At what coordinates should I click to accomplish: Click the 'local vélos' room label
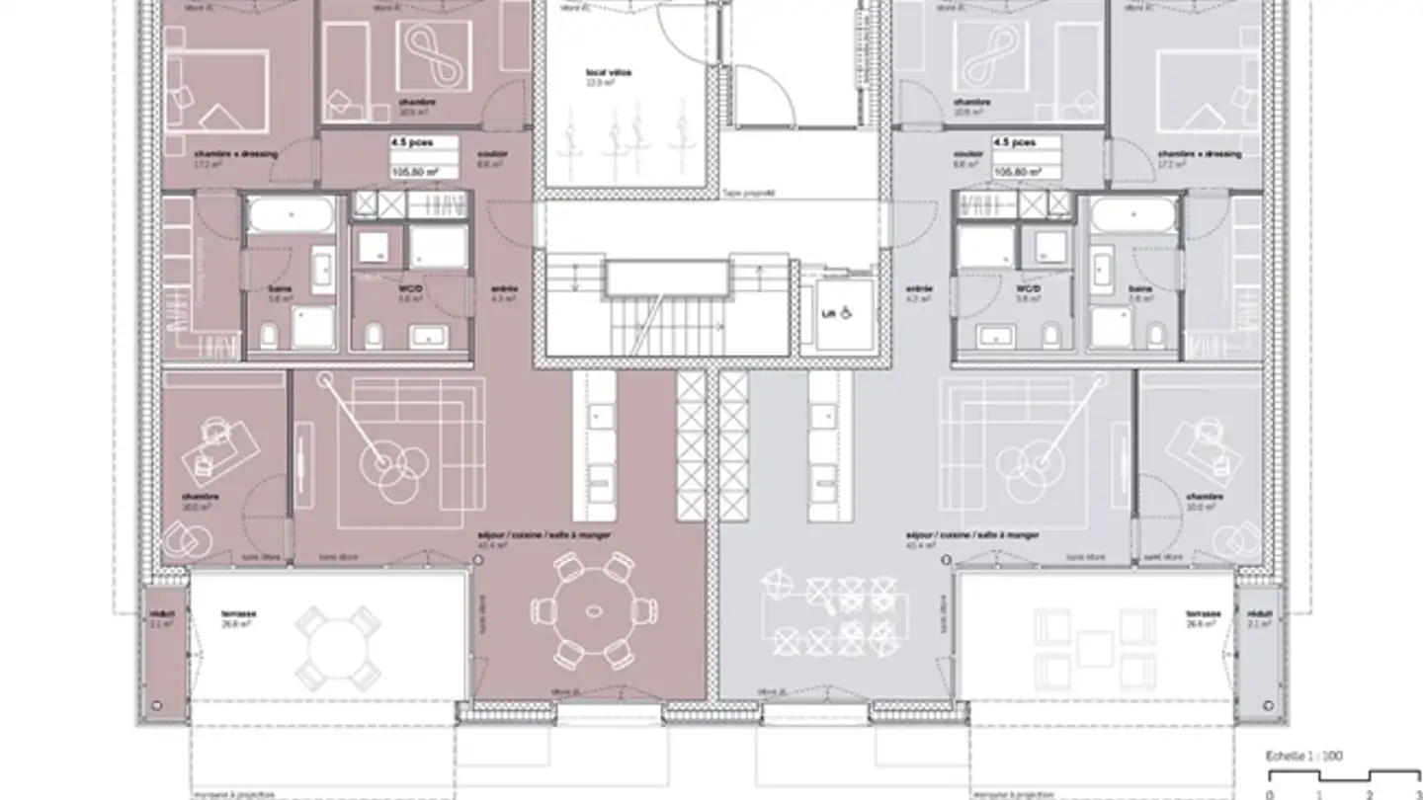point(608,73)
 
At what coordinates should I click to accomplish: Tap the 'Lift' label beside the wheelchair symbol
point(826,314)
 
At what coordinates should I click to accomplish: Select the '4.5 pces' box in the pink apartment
point(424,142)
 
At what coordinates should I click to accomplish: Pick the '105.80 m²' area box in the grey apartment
point(1027,171)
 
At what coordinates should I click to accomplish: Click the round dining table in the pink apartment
point(593,611)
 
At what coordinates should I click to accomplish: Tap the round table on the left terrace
point(338,648)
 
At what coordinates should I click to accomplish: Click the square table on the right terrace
point(1095,649)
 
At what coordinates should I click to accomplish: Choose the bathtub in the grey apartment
point(1133,214)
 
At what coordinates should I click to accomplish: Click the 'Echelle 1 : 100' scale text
point(1305,756)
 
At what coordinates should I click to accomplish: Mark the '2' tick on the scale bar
point(1369,793)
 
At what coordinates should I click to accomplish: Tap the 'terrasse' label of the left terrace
point(239,613)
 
